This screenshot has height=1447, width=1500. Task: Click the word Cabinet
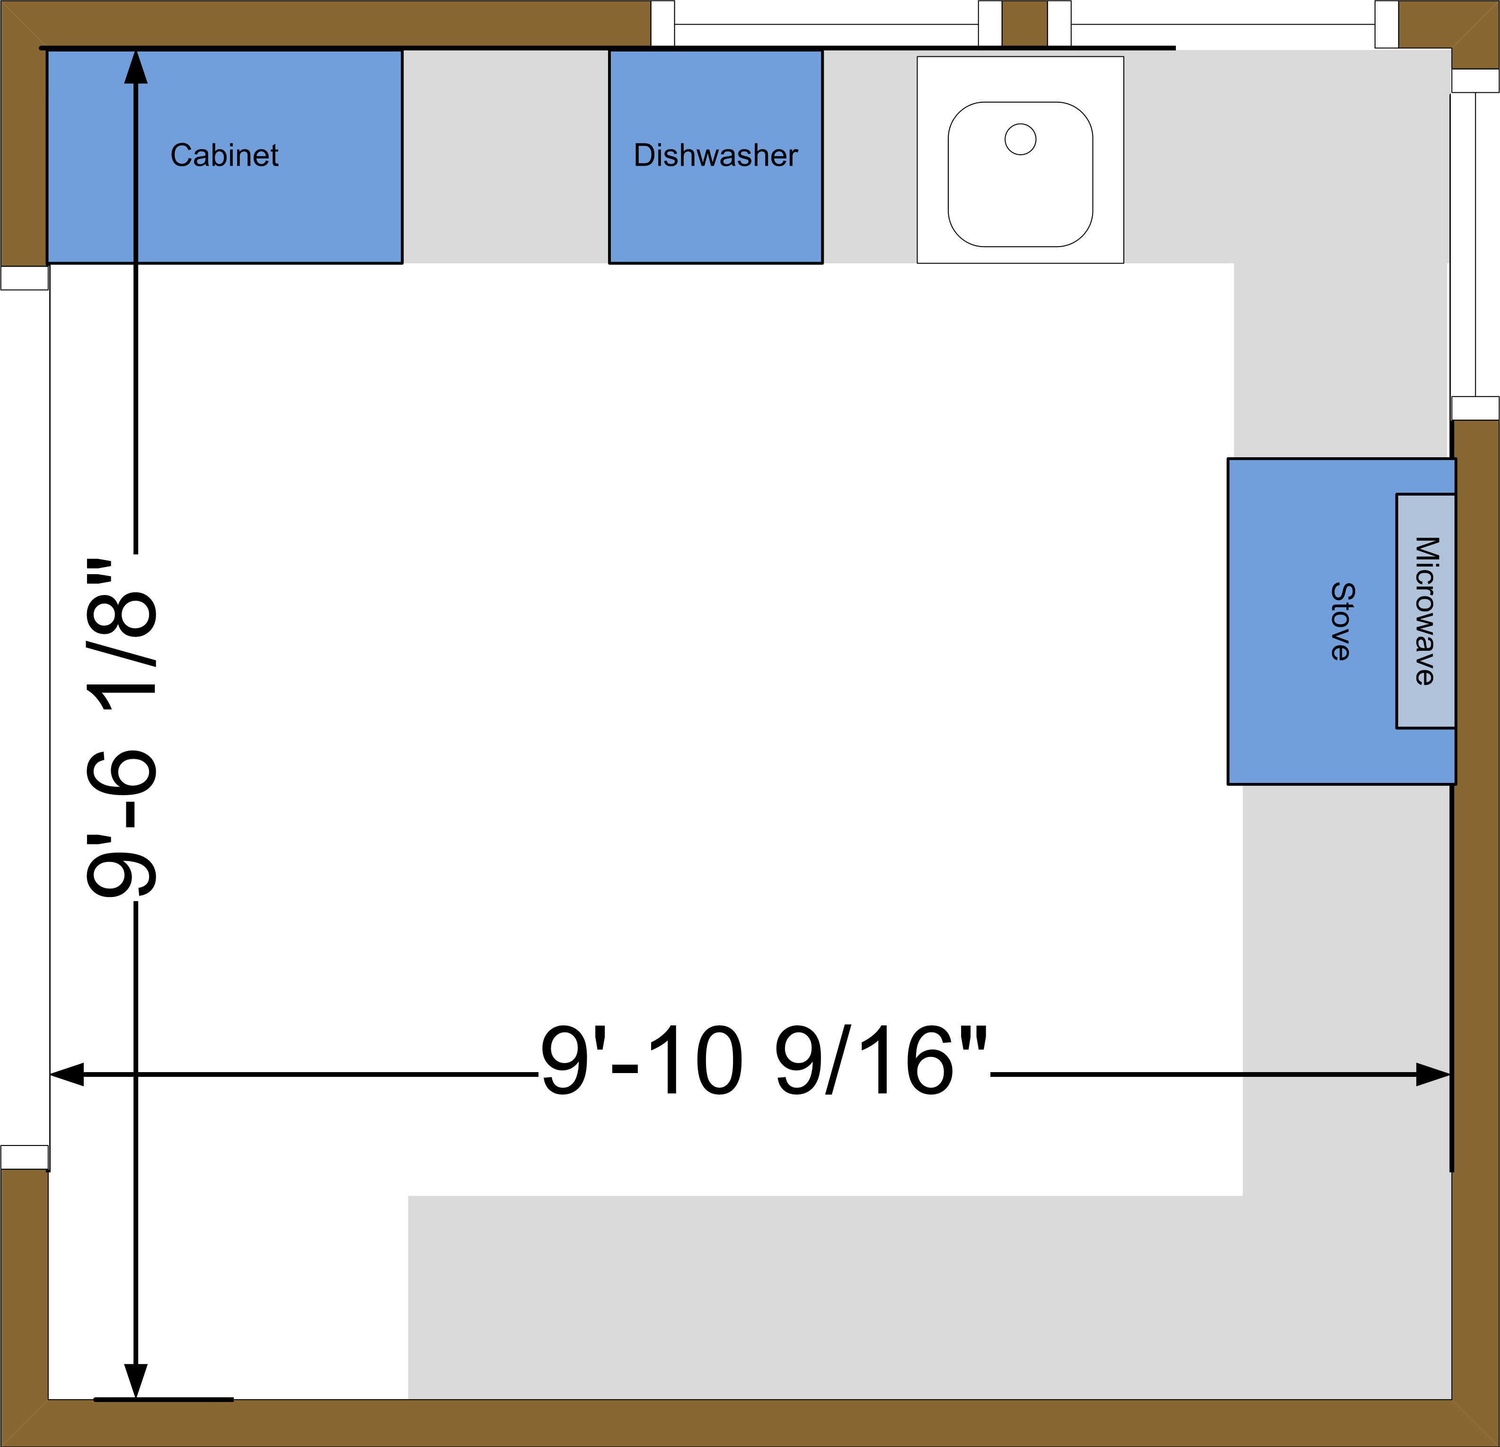tap(224, 155)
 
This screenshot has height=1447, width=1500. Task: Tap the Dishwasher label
tap(715, 155)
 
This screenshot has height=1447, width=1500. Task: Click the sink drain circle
tap(1020, 139)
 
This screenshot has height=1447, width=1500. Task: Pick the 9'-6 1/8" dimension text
tap(121, 728)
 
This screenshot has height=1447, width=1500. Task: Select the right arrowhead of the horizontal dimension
tap(1433, 1074)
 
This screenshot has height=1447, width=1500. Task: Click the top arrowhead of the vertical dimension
tap(135, 67)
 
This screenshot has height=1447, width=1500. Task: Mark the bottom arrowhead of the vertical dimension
tap(135, 1381)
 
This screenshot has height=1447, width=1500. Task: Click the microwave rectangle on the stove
tap(1425, 611)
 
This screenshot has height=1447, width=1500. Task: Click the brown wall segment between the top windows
tap(1025, 23)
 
